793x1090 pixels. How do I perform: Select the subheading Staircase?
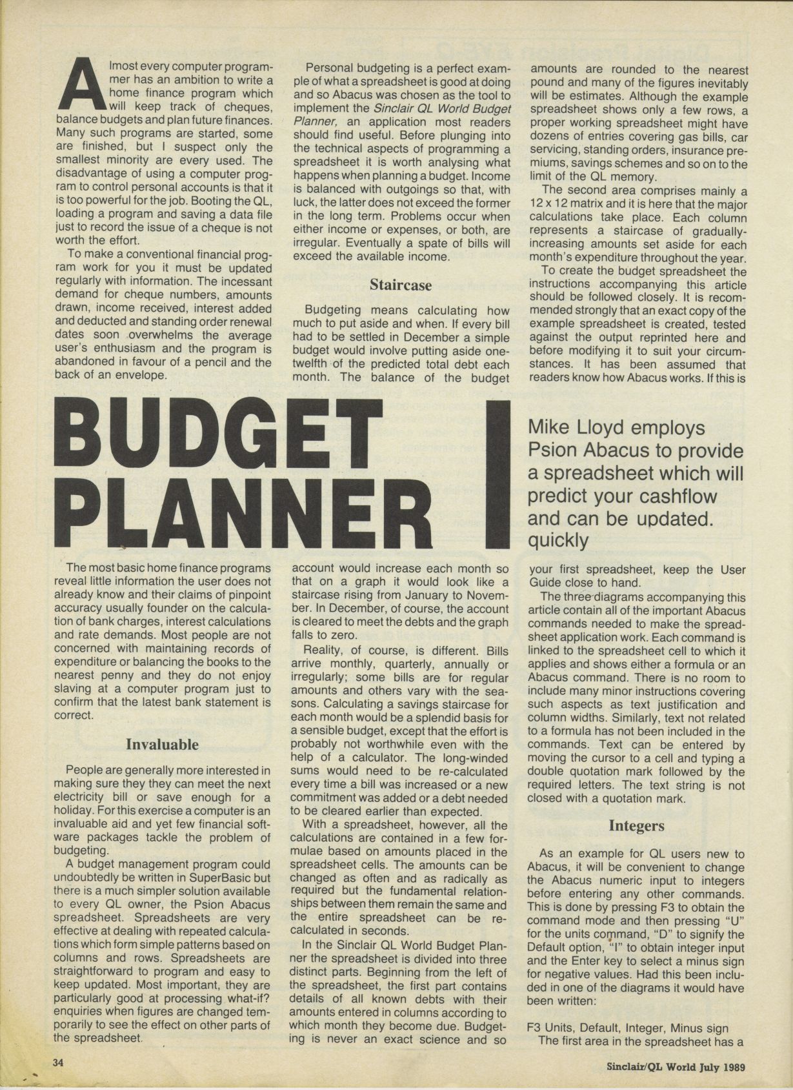(x=401, y=285)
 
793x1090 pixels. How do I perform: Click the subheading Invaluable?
(x=162, y=744)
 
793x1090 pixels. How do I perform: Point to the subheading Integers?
(x=636, y=825)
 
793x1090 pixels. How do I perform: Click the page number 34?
(x=59, y=1062)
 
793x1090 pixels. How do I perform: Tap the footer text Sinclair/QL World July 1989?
(x=676, y=1066)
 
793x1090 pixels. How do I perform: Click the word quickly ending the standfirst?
(x=558, y=540)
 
